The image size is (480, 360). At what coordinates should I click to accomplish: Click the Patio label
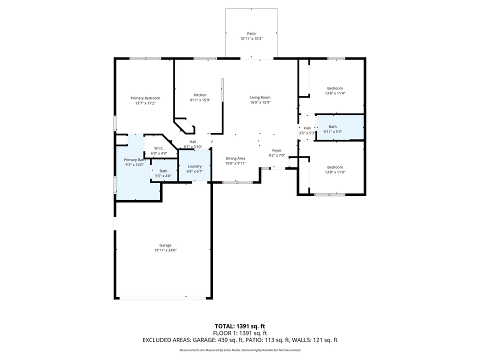pyautogui.click(x=251, y=33)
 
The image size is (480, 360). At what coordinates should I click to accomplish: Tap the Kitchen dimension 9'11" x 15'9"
pyautogui.click(x=200, y=100)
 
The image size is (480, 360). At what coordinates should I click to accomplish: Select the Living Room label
pyautogui.click(x=260, y=97)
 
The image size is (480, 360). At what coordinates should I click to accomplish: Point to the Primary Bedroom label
pyautogui.click(x=145, y=98)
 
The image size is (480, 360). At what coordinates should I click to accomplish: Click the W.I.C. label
pyautogui.click(x=158, y=148)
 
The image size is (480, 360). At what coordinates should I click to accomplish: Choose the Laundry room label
pyautogui.click(x=194, y=166)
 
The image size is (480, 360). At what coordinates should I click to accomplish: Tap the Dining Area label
pyautogui.click(x=235, y=158)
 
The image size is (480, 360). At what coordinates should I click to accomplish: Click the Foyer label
pyautogui.click(x=276, y=150)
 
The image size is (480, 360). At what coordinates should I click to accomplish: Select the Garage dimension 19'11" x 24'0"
pyautogui.click(x=165, y=250)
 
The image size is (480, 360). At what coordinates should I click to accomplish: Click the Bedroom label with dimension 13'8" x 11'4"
pyautogui.click(x=335, y=88)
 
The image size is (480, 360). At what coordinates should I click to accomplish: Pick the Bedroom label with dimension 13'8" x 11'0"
pyautogui.click(x=335, y=167)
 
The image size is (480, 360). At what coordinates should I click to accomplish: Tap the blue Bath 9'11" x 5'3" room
pyautogui.click(x=339, y=128)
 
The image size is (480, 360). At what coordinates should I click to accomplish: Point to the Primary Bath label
pyautogui.click(x=134, y=159)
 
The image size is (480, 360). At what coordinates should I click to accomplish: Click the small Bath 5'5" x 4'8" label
pyautogui.click(x=163, y=171)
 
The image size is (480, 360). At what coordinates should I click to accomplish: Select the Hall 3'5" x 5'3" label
pyautogui.click(x=307, y=128)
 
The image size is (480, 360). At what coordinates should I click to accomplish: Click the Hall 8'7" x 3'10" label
pyautogui.click(x=192, y=142)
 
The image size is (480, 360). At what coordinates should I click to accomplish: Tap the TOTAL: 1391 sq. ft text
pyautogui.click(x=239, y=325)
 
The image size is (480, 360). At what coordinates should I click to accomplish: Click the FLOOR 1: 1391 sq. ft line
pyautogui.click(x=239, y=332)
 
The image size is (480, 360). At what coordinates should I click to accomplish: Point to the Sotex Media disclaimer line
pyautogui.click(x=239, y=350)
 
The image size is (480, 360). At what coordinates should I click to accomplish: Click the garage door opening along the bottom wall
pyautogui.click(x=163, y=298)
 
